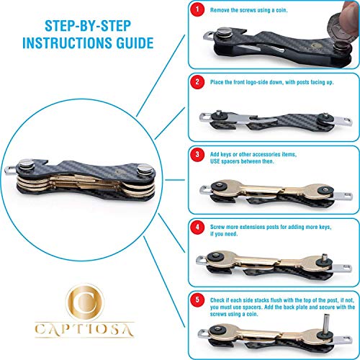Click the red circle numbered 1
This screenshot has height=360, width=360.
pos(197,9)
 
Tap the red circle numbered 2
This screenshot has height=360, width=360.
pos(197,82)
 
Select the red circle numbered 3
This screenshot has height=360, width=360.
pos(197,154)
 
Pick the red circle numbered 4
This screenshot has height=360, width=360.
pos(197,227)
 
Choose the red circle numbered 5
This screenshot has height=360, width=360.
pos(197,300)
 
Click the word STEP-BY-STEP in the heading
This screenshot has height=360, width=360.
pos(88,26)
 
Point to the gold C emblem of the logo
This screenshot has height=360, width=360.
pos(85,302)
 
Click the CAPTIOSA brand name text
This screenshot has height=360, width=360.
pos(84,330)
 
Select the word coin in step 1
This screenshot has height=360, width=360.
pos(281,10)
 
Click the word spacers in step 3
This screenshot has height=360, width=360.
pos(230,161)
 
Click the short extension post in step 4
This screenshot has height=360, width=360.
pos(325,258)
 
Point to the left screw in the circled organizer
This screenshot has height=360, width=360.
pos(27,165)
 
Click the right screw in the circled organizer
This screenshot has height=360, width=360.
pos(145,169)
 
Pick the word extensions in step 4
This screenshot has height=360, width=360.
pos(253,227)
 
